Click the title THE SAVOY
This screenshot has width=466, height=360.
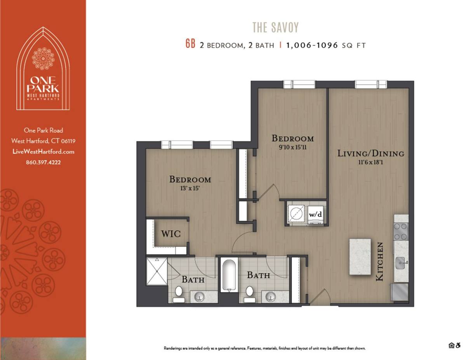point(275,28)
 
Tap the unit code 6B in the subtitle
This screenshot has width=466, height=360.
point(190,44)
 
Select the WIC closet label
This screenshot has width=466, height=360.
point(171,234)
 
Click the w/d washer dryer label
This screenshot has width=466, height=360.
point(315,214)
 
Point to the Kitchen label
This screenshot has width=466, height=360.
point(379,261)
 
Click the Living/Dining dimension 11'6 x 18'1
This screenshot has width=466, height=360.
point(370,162)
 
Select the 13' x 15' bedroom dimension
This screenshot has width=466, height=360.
point(190,188)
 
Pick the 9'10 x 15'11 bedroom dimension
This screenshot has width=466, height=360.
point(292,147)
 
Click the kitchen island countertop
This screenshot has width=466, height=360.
point(360,256)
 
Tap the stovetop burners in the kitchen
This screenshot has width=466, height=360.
point(401,231)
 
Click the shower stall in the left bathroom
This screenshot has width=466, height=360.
point(157,271)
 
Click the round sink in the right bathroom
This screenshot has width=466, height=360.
point(270,297)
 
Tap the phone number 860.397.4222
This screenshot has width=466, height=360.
point(43,162)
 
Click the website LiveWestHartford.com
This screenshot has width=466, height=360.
point(43,151)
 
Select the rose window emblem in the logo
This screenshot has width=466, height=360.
point(43,59)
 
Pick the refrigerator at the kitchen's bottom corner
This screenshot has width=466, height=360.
point(400,292)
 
